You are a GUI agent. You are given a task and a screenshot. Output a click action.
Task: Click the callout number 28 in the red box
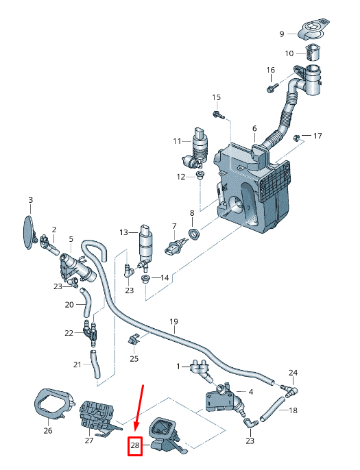tap(135, 445)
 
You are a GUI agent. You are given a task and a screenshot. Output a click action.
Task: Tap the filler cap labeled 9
tap(313, 29)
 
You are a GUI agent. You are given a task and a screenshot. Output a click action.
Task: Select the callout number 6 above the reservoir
tap(254, 128)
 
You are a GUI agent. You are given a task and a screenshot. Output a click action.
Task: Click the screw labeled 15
tap(218, 115)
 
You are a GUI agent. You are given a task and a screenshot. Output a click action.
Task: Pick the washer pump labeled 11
tap(197, 148)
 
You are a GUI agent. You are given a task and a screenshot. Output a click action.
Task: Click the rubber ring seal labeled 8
tap(194, 234)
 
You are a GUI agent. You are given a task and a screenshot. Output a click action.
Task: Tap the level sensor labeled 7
tap(174, 247)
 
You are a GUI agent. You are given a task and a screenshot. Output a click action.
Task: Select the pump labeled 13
tap(146, 247)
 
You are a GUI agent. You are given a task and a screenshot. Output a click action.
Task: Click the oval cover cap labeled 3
tap(29, 232)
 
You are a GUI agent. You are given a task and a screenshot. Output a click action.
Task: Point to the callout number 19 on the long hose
tap(173, 321)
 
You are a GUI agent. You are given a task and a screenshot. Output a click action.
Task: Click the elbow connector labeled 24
tap(290, 391)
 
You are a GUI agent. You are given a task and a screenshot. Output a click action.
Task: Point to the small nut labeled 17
tap(296, 138)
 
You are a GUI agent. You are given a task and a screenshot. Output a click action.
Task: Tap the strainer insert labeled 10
tap(312, 53)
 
